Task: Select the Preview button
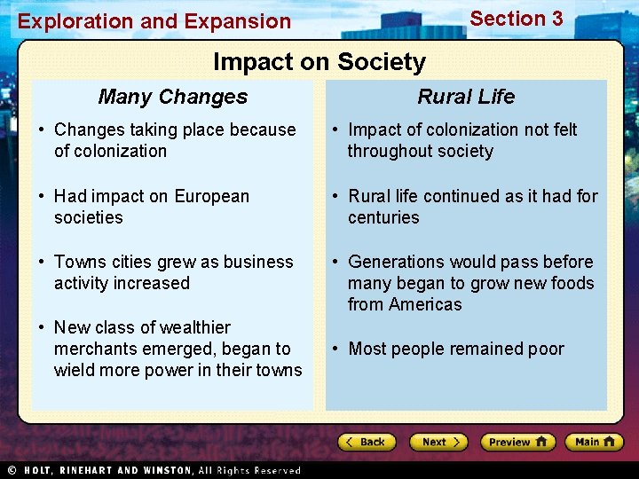pos(517,442)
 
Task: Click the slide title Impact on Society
pos(319,62)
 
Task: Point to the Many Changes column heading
pos(173,97)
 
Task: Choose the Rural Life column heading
pos(466,97)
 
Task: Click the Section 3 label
pos(516,19)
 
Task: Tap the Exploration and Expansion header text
pos(154,22)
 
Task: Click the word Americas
pos(425,304)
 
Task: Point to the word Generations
pos(397,262)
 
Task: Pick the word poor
pos(546,349)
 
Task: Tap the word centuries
pos(383,217)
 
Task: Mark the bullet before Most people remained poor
pos(335,349)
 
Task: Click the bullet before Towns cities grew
pos(42,262)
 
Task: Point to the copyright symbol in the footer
pos(12,470)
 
